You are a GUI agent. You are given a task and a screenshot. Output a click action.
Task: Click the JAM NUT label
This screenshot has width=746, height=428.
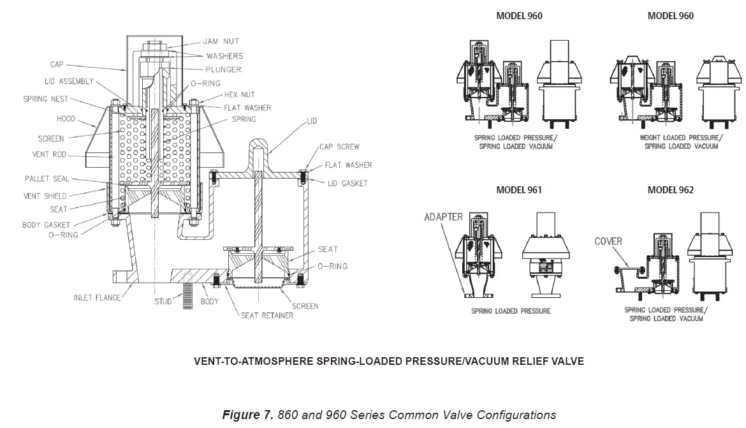(222, 41)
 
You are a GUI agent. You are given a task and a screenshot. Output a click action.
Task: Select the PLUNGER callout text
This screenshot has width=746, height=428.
(223, 70)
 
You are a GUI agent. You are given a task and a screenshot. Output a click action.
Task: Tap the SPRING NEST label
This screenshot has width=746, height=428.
(46, 100)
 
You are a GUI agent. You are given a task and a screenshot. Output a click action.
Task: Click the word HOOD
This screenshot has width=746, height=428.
(65, 119)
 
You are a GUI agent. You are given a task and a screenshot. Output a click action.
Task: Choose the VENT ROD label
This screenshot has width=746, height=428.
(50, 154)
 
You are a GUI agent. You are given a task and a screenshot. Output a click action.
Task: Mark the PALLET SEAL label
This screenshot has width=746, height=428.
(47, 179)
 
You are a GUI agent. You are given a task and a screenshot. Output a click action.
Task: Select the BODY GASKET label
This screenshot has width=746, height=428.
(46, 225)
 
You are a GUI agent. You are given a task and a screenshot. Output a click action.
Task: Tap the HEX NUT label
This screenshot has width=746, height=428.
(239, 94)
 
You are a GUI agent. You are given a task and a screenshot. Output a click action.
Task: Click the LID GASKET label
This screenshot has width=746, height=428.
(347, 183)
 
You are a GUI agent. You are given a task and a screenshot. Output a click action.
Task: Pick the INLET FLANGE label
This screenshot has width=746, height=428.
(96, 298)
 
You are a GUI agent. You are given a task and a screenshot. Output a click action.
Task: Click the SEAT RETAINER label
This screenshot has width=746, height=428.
(267, 315)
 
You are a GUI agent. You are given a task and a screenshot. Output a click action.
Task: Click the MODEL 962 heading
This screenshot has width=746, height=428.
(670, 190)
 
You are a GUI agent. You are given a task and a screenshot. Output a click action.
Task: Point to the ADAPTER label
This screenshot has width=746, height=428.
(443, 217)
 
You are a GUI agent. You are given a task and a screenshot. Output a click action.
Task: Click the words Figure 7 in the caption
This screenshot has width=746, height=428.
(249, 415)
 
